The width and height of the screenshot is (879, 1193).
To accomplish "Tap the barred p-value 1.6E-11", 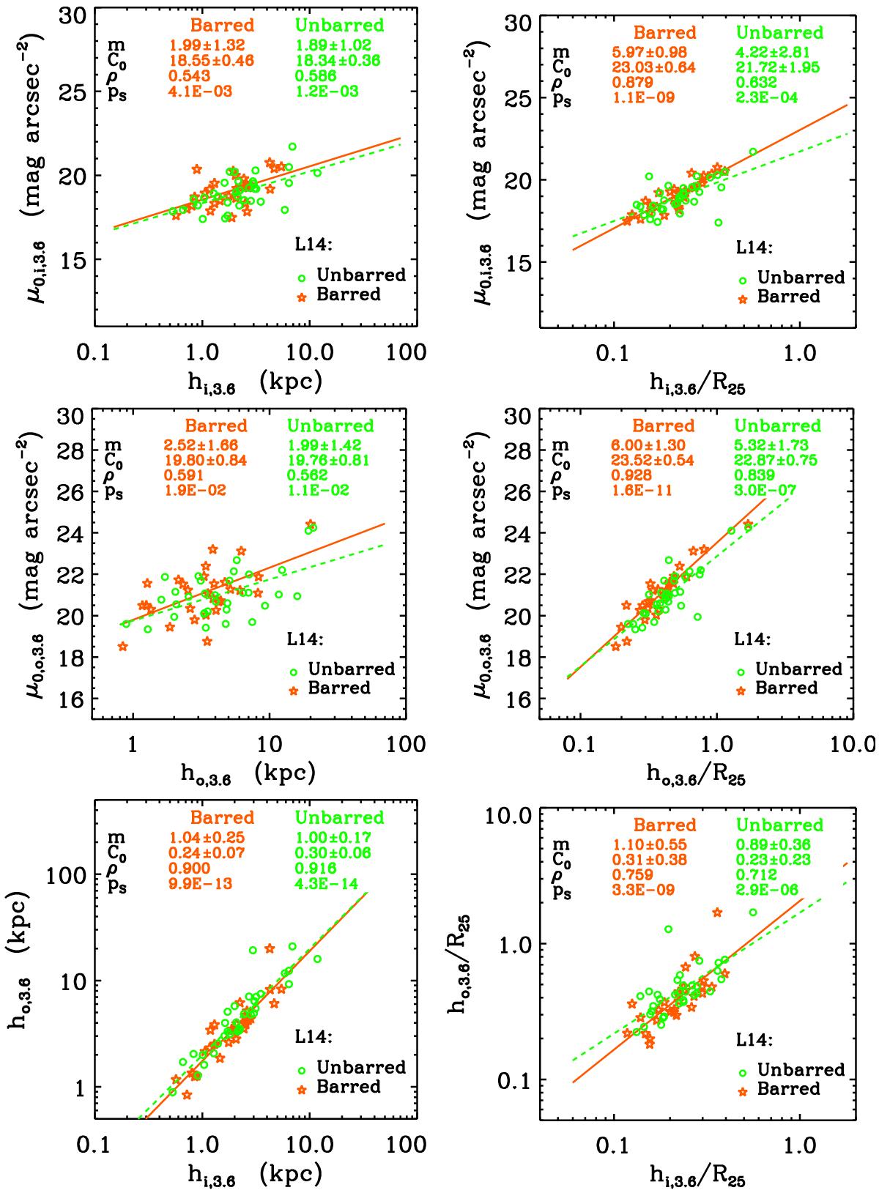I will click(x=644, y=491).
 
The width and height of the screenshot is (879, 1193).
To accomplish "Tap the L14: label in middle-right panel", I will click(x=749, y=639).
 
